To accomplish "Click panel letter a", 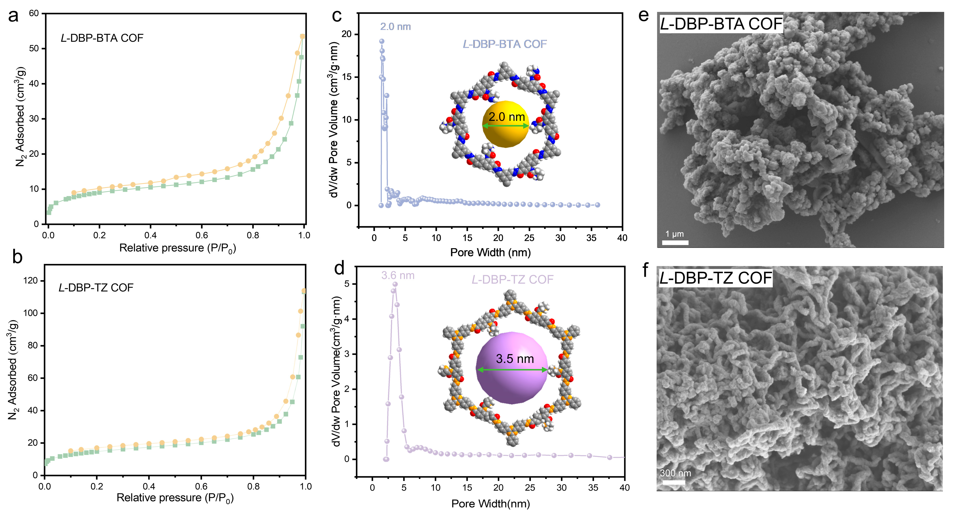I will [13, 17].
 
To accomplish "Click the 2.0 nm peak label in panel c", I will [395, 27].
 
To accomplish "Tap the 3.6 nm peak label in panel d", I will [398, 275].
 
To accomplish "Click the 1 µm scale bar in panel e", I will [675, 242].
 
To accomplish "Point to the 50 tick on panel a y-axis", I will [34, 49].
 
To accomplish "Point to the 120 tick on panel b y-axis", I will [30, 281].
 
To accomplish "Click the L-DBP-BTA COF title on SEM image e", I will [721, 24].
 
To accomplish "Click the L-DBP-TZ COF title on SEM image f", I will [716, 278].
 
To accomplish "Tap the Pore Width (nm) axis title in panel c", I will [490, 252].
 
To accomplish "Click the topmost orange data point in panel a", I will [302, 36].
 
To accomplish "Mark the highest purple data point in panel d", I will [395, 284].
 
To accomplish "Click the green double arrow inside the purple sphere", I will [512, 369].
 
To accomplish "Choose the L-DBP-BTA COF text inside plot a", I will [102, 38].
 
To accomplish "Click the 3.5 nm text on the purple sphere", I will [514, 358].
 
